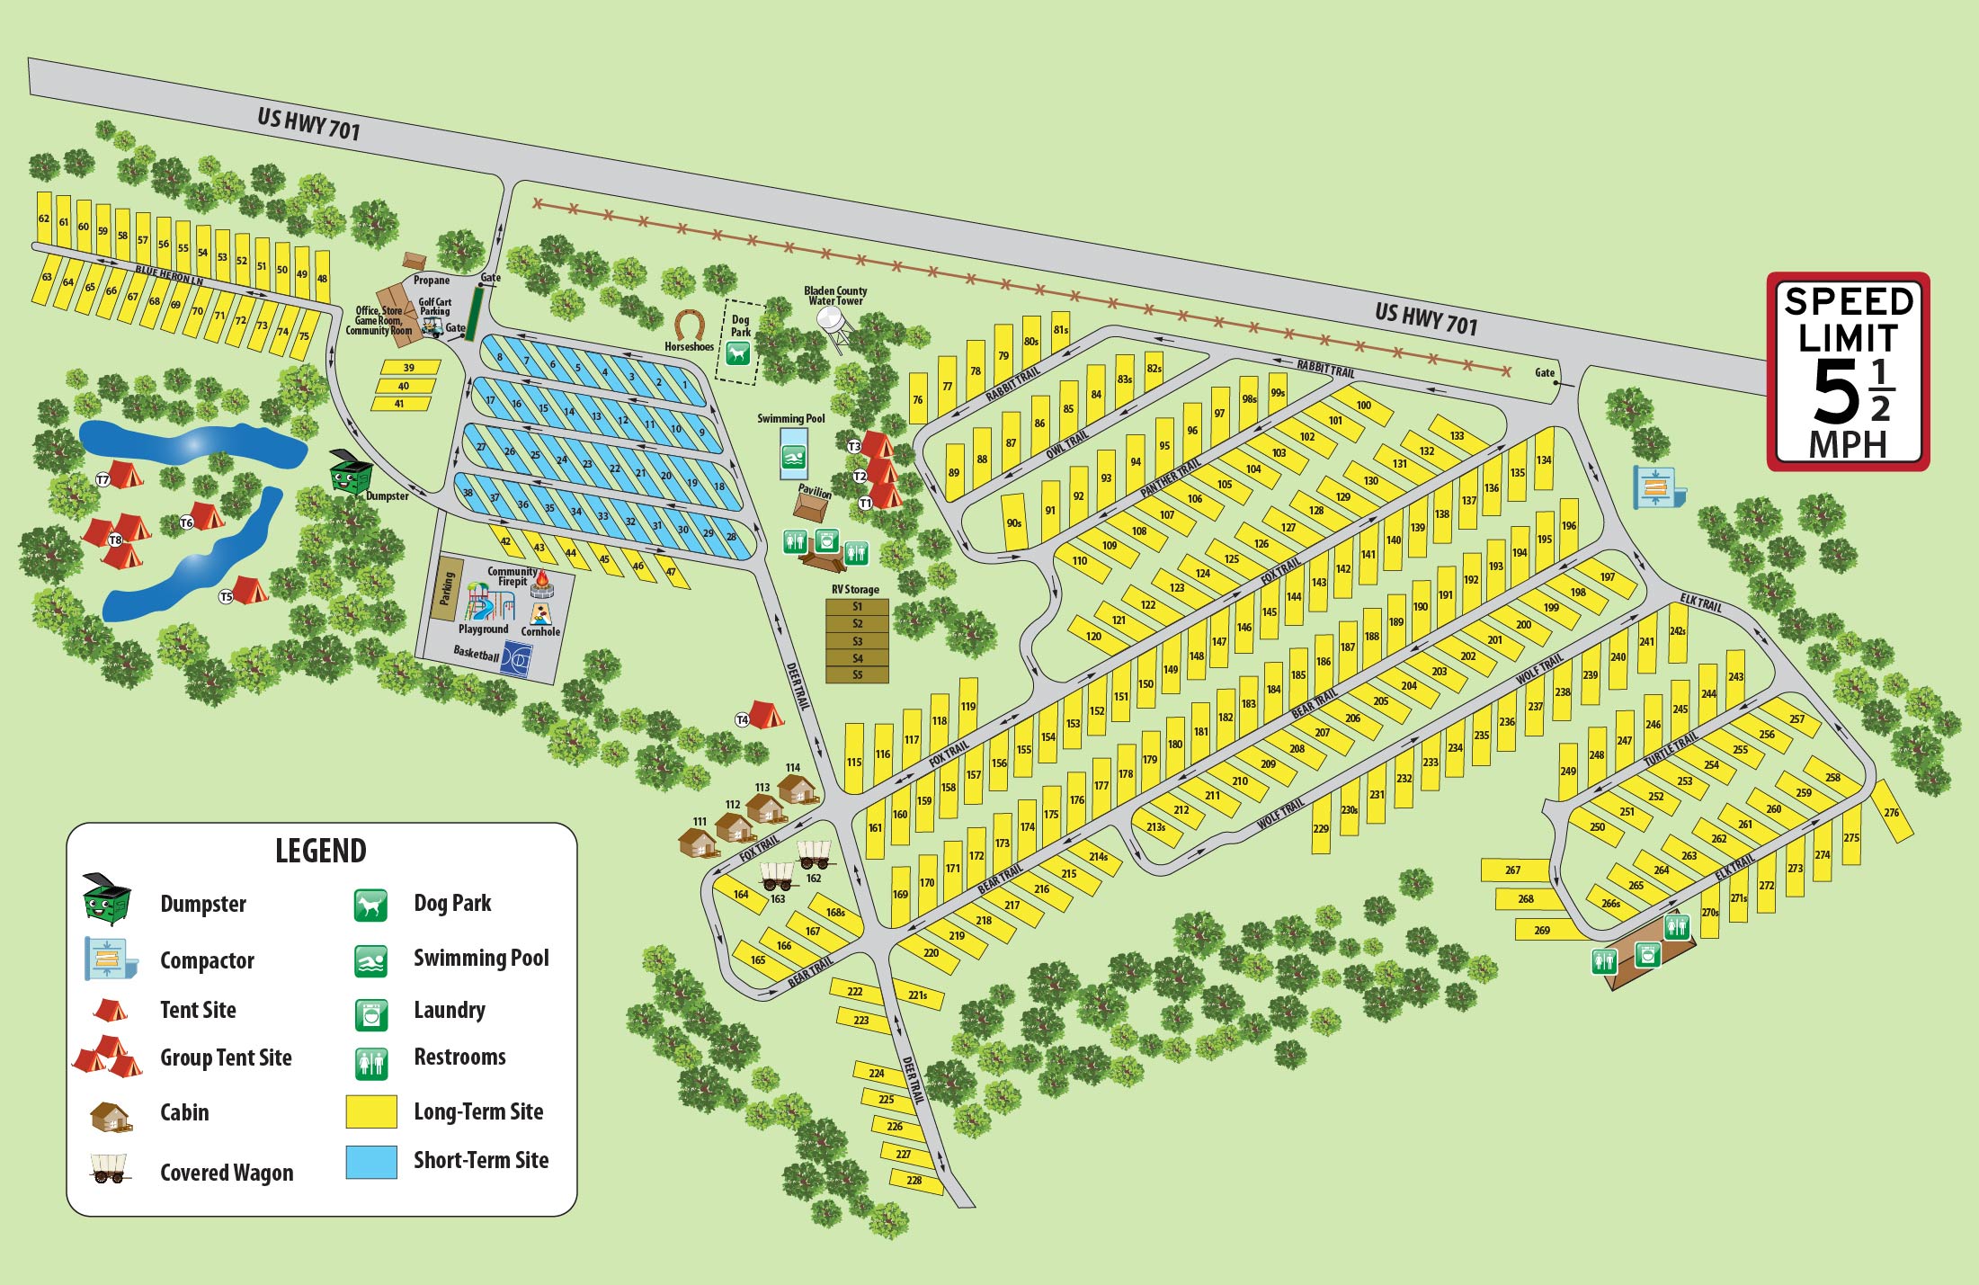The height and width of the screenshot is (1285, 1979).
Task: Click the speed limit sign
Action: pyautogui.click(x=1848, y=372)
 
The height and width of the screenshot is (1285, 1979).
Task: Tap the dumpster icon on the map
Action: pyautogui.click(x=351, y=471)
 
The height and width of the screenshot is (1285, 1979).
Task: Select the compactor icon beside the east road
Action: pyautogui.click(x=1657, y=487)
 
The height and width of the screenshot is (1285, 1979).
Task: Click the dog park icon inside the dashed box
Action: pyautogui.click(x=738, y=353)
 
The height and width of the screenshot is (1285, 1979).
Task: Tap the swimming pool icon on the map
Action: pyautogui.click(x=793, y=460)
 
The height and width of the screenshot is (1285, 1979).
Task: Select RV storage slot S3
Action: pyautogui.click(x=857, y=641)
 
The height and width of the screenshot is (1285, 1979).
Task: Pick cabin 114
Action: pyautogui.click(x=797, y=790)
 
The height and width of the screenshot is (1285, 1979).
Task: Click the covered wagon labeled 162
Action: pyautogui.click(x=815, y=852)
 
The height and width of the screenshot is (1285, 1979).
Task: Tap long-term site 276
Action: pyautogui.click(x=1891, y=811)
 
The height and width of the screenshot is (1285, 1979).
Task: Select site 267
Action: pyautogui.click(x=1514, y=870)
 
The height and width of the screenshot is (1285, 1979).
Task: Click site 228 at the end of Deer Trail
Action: pyautogui.click(x=915, y=1181)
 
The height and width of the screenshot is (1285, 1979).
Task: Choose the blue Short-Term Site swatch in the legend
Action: pyautogui.click(x=371, y=1161)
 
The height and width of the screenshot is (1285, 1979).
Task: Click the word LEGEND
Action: pyautogui.click(x=320, y=851)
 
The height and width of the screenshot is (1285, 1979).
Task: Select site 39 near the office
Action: pyautogui.click(x=409, y=368)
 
